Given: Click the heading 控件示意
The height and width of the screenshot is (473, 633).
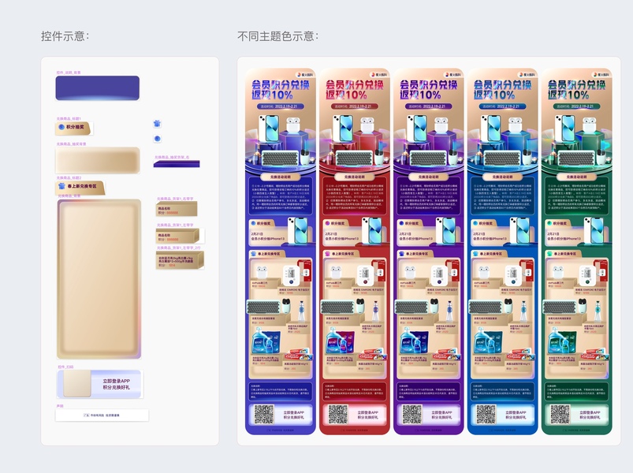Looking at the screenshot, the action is (65, 36).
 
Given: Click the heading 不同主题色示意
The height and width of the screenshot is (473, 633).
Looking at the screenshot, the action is (277, 36).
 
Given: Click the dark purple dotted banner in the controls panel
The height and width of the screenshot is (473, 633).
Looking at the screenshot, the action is (97, 88).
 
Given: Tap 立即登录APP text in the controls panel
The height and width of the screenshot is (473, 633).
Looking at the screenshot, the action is (115, 381).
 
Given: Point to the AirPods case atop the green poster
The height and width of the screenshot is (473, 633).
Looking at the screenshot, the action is (590, 125).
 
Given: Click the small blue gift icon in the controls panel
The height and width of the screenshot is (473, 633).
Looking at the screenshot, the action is (157, 124).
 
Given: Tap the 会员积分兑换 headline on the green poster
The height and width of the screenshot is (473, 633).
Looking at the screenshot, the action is (576, 82).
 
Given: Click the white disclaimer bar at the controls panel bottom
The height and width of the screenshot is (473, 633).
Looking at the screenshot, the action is (102, 415).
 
